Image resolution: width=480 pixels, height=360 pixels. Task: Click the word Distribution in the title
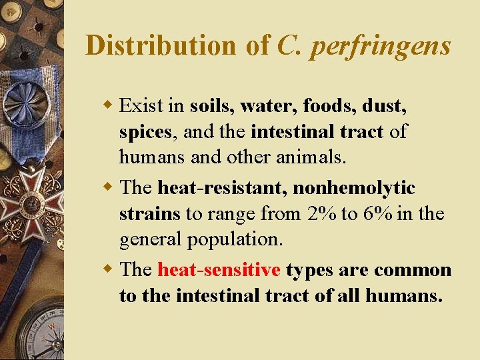[x=160, y=45]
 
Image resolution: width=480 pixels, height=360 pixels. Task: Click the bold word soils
[x=212, y=105]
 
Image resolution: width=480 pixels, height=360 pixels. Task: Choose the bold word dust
[x=386, y=105]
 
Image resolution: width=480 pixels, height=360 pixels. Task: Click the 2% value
[x=323, y=214]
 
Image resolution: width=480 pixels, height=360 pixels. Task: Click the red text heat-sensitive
[x=219, y=270]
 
